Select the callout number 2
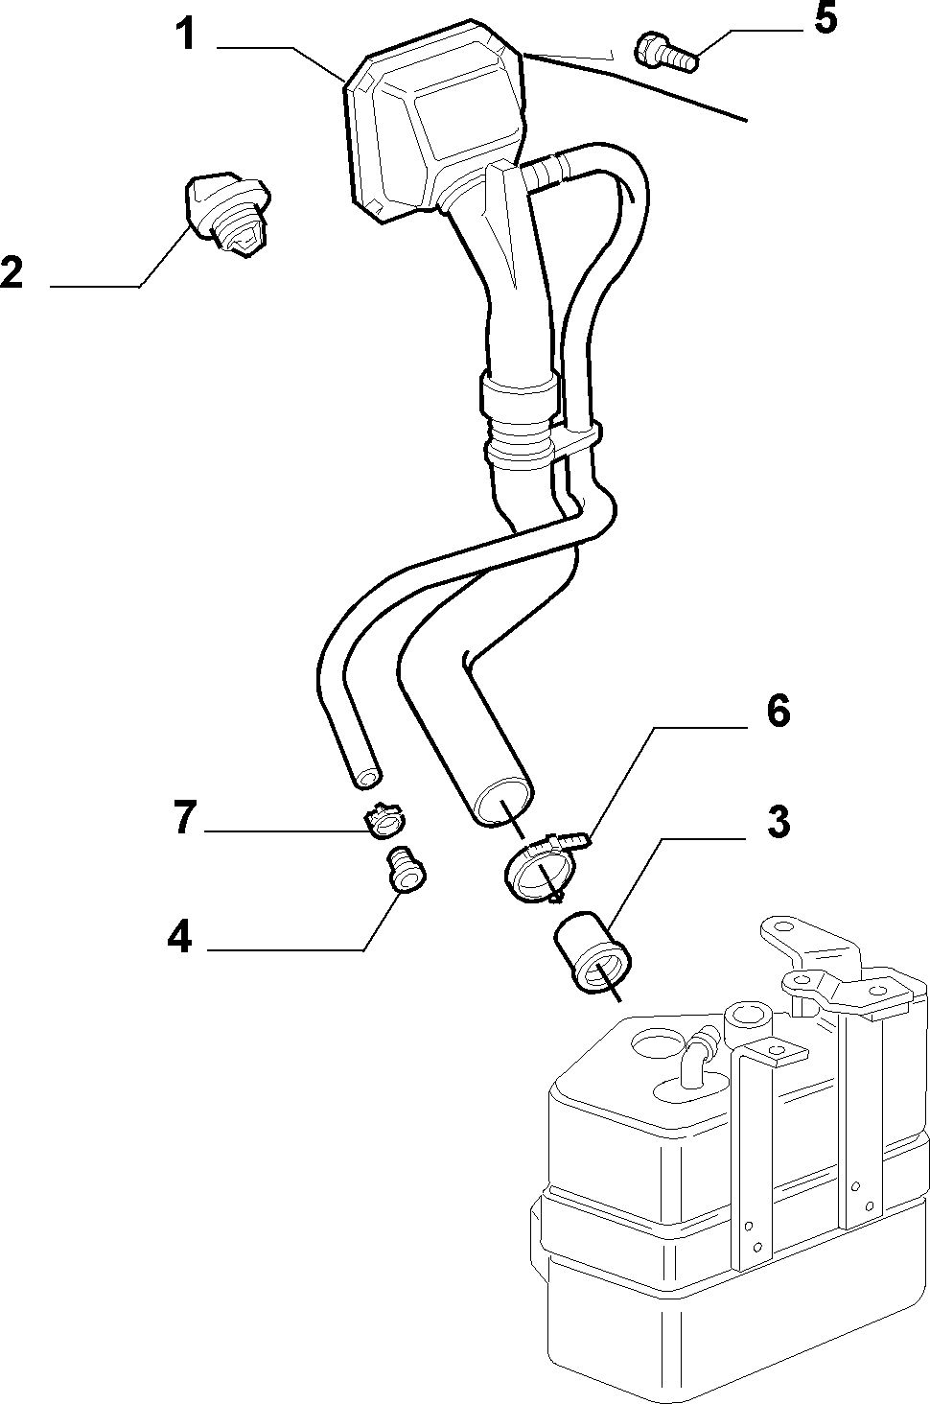(12, 272)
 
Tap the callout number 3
(779, 822)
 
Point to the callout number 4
(180, 938)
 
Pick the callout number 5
(825, 18)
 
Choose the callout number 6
(778, 712)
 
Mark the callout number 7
(185, 818)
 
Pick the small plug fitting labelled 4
(407, 869)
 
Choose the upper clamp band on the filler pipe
(519, 394)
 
